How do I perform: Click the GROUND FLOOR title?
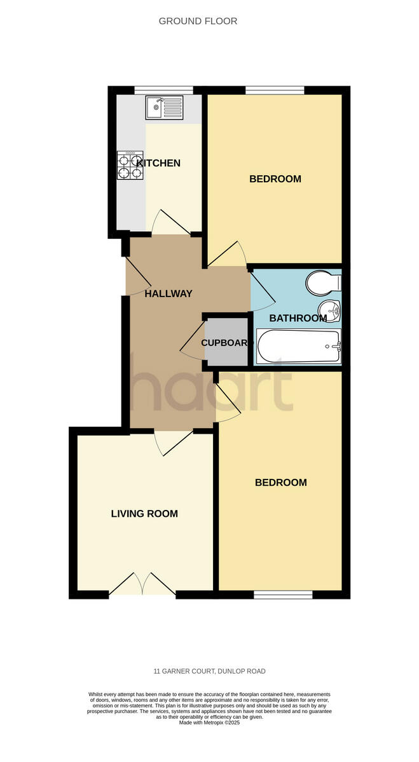tap(198, 21)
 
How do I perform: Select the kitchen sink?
tap(164, 107)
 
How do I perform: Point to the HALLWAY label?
tap(168, 294)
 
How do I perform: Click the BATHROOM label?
tap(298, 318)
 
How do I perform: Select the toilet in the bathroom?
tap(323, 283)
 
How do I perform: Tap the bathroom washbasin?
tap(331, 311)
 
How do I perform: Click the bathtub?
tap(299, 346)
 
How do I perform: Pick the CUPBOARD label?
tap(224, 343)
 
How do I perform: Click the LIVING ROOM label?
tap(144, 514)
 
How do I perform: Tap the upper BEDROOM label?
tap(275, 179)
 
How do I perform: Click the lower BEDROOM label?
tap(280, 483)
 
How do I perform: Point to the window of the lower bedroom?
tap(283, 595)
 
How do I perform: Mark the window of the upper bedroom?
tap(275, 90)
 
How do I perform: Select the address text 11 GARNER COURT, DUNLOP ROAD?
tap(209, 671)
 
